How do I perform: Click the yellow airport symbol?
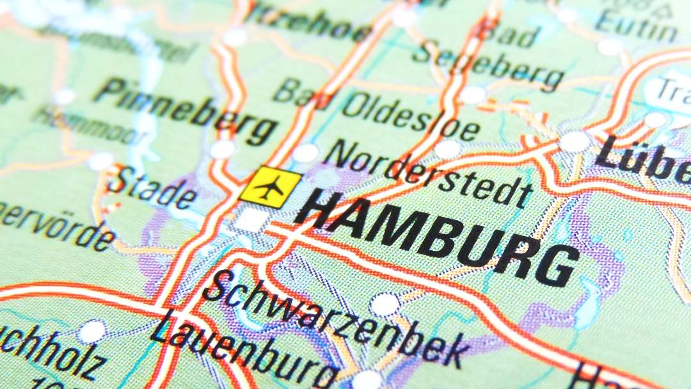(x=271, y=187)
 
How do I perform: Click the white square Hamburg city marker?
(x=251, y=220)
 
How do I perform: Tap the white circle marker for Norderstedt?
(x=306, y=153)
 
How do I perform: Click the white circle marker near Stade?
(x=100, y=161)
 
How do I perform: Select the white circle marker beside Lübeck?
(x=574, y=141)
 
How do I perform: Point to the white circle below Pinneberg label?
(x=223, y=149)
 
